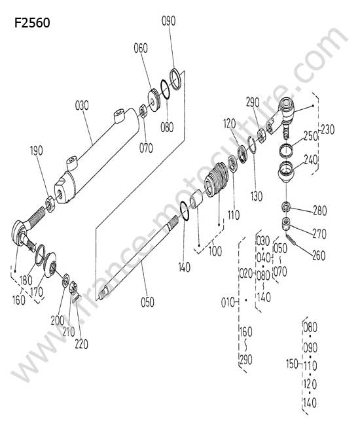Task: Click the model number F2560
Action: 32,22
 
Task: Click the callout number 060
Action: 141,48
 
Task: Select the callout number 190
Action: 37,150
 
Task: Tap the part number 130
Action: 257,196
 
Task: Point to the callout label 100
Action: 215,250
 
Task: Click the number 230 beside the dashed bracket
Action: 328,129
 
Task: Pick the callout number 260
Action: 319,255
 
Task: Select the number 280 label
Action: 320,211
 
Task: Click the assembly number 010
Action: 228,302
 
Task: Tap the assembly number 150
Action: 293,364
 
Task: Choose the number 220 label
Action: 82,344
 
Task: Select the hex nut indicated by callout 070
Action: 143,110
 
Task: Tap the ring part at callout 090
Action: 175,79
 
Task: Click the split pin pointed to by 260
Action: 291,239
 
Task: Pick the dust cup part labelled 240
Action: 285,172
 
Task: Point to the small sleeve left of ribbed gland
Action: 197,199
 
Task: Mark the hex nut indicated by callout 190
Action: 50,205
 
